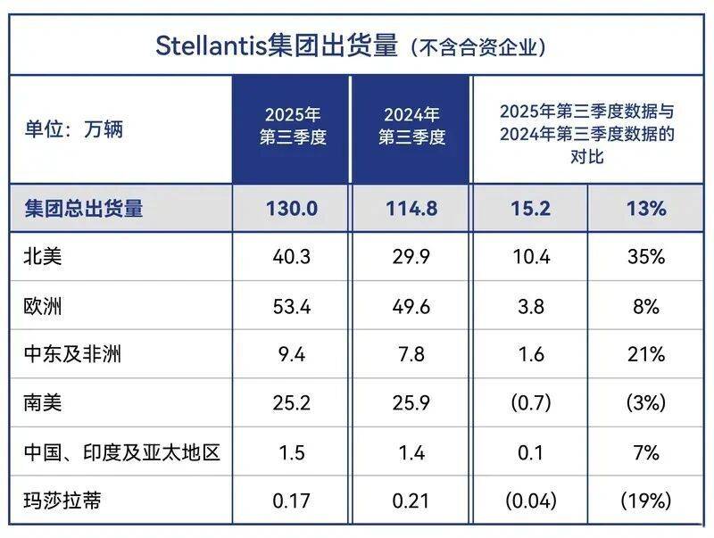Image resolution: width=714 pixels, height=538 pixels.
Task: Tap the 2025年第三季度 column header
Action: [x=291, y=127]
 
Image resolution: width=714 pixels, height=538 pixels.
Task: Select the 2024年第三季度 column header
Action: [x=411, y=127]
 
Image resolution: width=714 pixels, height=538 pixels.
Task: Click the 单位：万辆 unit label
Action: [x=73, y=128]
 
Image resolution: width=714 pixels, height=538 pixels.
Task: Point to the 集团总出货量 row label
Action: [x=84, y=209]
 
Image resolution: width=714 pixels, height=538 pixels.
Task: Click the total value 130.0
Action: [x=291, y=209]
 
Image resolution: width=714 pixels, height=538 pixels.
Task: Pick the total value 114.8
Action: [x=411, y=209]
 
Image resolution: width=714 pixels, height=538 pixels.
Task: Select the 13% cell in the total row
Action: [x=645, y=209]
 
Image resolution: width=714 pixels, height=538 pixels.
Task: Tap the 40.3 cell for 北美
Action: [x=291, y=258]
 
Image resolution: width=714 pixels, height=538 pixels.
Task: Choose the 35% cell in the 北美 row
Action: [x=645, y=258]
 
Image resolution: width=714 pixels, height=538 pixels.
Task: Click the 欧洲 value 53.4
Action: [x=291, y=307]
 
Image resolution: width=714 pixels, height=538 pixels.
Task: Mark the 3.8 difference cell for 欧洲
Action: [x=529, y=307]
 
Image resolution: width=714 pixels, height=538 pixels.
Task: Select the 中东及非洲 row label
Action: [x=71, y=355]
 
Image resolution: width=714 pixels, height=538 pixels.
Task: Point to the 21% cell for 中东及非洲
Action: [x=645, y=355]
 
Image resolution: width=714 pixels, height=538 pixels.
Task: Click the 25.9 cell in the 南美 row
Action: [x=411, y=403]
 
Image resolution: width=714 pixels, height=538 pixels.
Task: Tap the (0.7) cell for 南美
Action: [x=529, y=403]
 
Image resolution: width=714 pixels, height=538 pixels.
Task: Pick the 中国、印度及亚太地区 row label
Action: [x=121, y=452]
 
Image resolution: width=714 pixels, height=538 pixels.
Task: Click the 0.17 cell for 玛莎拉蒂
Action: [x=291, y=501]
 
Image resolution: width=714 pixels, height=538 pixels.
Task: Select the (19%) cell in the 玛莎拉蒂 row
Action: [x=645, y=501]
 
